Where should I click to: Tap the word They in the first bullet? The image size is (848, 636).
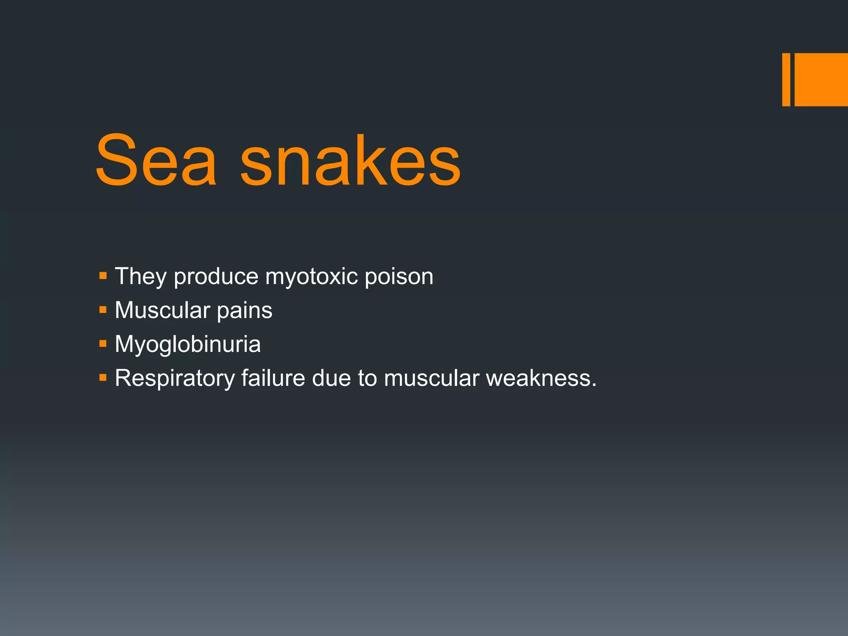[140, 276]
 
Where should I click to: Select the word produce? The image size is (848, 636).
[216, 277]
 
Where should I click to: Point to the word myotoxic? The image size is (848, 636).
[311, 277]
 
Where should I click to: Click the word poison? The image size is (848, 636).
[399, 277]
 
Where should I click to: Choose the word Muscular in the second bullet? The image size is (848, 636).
[162, 310]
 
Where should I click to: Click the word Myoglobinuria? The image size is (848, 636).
[188, 344]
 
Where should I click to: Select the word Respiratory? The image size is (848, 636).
[175, 378]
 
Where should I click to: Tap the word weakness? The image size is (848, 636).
[541, 378]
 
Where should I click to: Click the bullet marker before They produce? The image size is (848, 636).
[103, 275]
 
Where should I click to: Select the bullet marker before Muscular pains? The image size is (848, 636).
[103, 309]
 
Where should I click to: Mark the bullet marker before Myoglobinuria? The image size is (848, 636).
[103, 343]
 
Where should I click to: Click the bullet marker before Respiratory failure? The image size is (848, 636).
[103, 377]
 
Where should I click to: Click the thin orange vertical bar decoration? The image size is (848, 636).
[786, 79]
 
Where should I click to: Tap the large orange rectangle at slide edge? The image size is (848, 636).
[821, 79]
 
